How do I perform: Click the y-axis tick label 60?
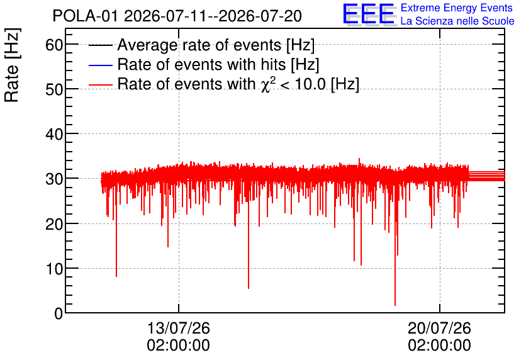pyautogui.click(x=54, y=44)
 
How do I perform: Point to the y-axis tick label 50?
pyautogui.click(x=54, y=89)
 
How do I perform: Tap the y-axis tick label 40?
pyautogui.click(x=54, y=134)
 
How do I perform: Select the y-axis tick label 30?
pyautogui.click(x=54, y=179)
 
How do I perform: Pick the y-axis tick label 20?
pyautogui.click(x=54, y=224)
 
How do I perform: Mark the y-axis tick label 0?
pyautogui.click(x=59, y=314)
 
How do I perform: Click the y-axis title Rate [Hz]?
pyautogui.click(x=12, y=65)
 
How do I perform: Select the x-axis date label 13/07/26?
pyautogui.click(x=179, y=328)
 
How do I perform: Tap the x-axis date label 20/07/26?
pyautogui.click(x=439, y=328)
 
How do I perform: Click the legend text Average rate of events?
pyautogui.click(x=199, y=45)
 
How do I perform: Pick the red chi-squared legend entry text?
pyautogui.click(x=238, y=84)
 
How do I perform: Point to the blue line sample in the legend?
pyautogui.click(x=100, y=65)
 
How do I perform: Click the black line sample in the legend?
pyautogui.click(x=100, y=45)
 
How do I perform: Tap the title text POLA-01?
pyautogui.click(x=86, y=16)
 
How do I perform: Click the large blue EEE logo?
pyautogui.click(x=368, y=14)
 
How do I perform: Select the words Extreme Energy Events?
pyautogui.click(x=457, y=8)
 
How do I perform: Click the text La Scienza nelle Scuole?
pyautogui.click(x=457, y=21)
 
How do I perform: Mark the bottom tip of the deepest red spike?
pyautogui.click(x=395, y=305)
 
